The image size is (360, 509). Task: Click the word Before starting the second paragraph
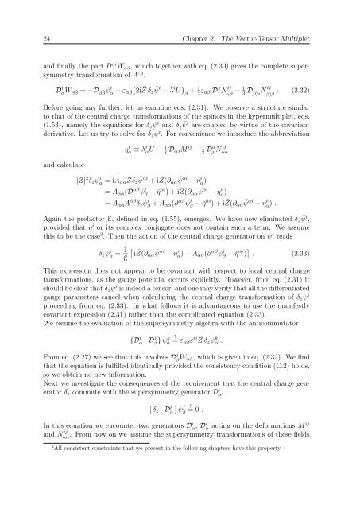[37, 100]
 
